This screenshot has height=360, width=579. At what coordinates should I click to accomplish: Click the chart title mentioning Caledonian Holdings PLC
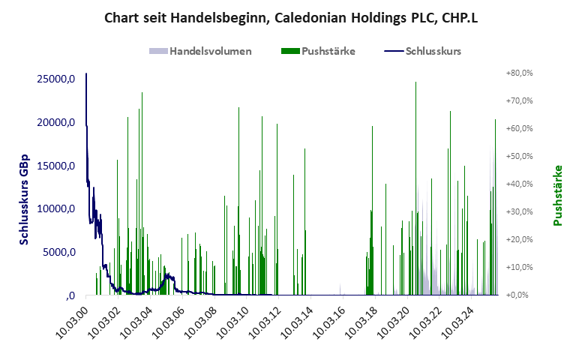coord(289,17)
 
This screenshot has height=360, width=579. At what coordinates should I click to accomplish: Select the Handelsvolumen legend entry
coord(200,52)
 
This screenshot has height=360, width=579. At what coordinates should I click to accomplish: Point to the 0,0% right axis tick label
coord(521,295)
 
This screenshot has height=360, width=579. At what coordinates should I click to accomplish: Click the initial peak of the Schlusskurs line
coord(86,74)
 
